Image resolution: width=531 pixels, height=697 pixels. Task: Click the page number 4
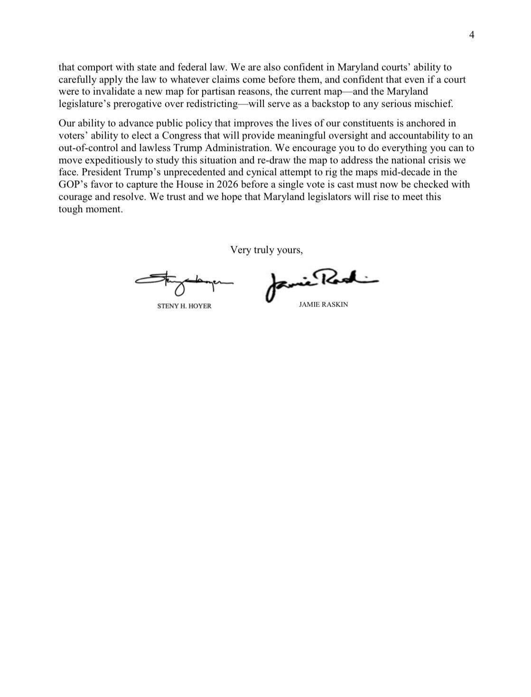tap(472, 35)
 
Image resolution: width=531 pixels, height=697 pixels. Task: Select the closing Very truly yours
tap(266, 250)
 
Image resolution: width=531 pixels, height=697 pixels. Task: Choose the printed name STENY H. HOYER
tap(184, 307)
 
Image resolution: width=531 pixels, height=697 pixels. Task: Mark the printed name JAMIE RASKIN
tap(323, 305)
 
